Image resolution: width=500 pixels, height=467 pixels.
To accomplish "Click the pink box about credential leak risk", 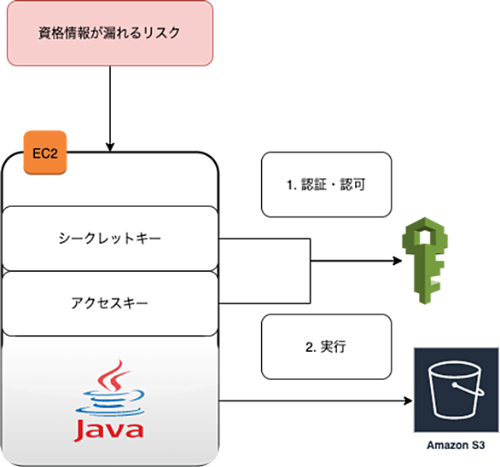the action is [110, 33].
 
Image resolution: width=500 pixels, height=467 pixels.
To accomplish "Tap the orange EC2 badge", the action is [45, 153].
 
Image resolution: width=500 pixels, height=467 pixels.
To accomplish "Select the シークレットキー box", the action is [110, 239].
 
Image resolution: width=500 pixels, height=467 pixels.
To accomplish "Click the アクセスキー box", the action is [110, 303].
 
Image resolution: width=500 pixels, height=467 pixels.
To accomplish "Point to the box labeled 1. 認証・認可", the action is [326, 185].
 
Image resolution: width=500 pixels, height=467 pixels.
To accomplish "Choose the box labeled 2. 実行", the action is [326, 347].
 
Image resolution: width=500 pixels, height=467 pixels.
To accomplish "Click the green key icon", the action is [425, 261].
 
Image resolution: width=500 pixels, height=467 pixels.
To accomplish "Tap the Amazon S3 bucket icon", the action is [456, 390].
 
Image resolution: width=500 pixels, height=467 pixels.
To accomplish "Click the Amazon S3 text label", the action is [456, 445].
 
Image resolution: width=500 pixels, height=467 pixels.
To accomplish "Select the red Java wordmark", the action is [108, 430].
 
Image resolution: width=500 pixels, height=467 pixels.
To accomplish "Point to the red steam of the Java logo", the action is [113, 375].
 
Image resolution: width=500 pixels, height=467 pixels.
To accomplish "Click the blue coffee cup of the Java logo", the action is [110, 402].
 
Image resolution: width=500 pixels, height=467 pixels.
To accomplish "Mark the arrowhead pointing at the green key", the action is [398, 261].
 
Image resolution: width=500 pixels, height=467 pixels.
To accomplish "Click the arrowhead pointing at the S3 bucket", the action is [408, 401].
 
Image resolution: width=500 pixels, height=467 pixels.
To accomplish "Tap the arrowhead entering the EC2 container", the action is [110, 147].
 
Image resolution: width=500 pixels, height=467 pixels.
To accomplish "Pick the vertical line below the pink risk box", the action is [110, 108].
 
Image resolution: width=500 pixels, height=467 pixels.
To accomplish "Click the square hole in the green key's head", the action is [425, 235].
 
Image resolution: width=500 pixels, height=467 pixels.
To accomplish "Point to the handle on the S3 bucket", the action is [468, 390].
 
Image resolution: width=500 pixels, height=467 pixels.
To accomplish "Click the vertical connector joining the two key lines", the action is [311, 271].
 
